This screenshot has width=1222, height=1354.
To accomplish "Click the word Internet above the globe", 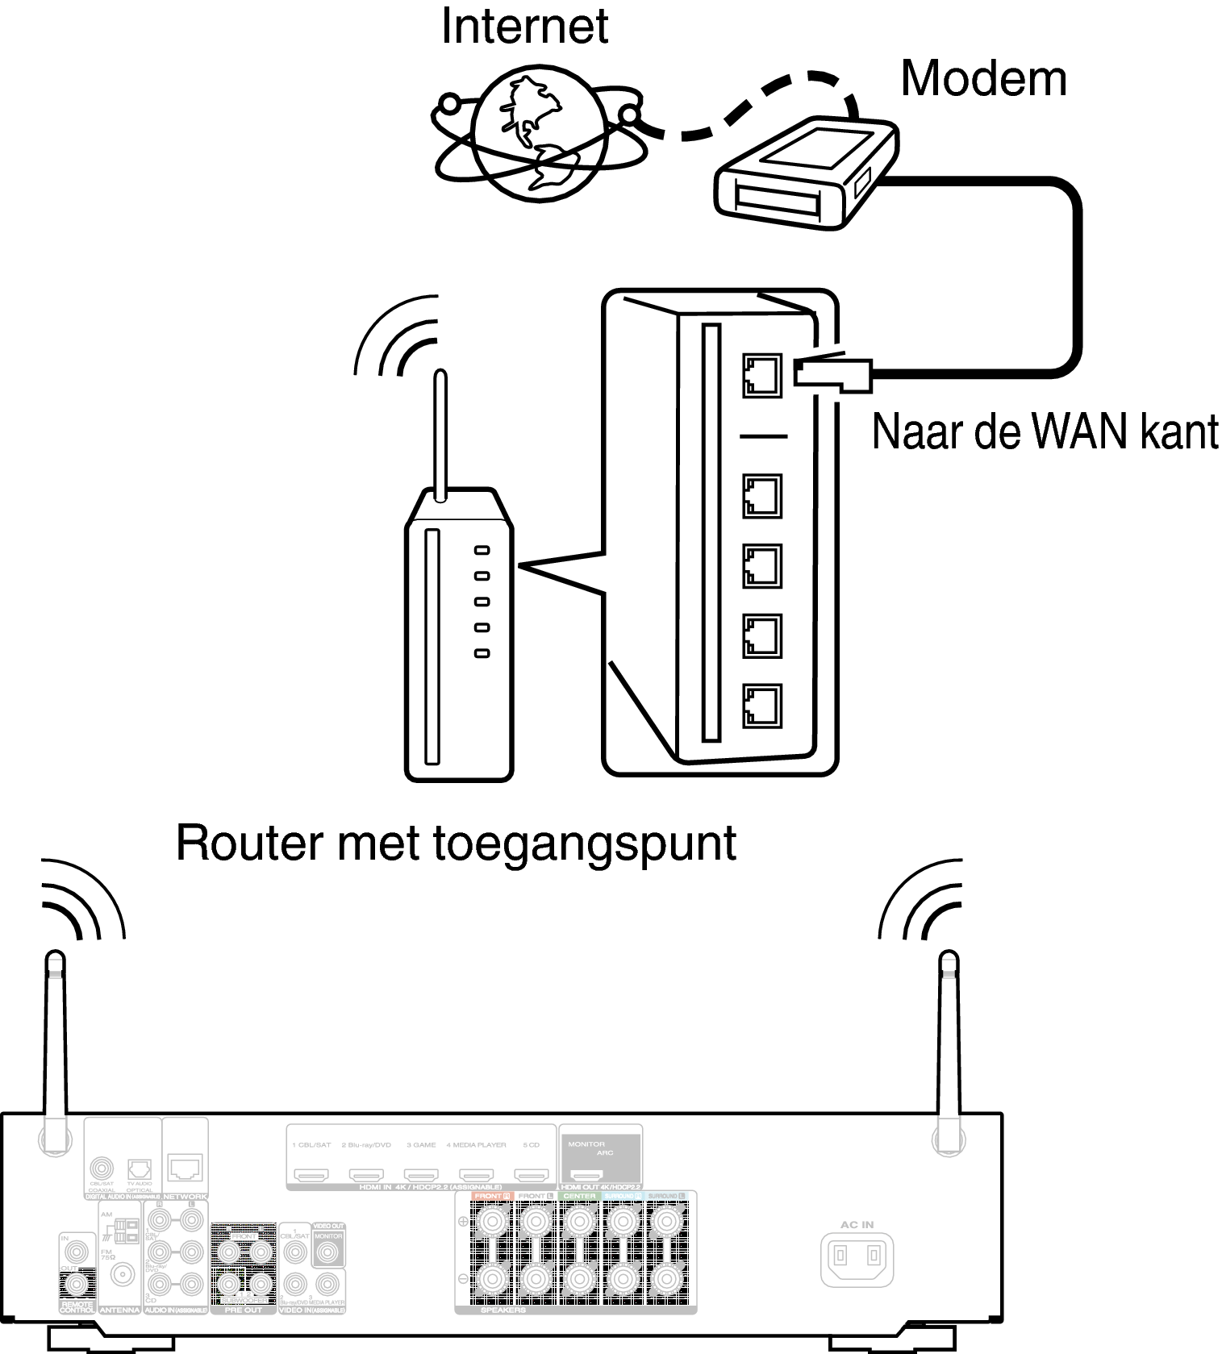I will point(524,27).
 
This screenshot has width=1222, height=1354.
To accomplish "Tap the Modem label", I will point(982,79).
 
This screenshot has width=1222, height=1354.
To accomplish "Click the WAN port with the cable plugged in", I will point(761,375).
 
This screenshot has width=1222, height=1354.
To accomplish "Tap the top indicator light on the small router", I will point(482,550).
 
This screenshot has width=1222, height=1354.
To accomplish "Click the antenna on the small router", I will point(440,435).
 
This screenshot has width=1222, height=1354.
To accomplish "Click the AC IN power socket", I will point(857,1256).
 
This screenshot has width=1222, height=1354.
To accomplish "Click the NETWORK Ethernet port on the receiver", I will point(186,1167).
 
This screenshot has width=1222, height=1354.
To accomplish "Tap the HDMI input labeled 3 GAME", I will point(420,1176).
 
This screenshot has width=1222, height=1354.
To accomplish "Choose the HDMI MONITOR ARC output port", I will point(586,1176).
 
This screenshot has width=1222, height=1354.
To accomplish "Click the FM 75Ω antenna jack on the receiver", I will point(123,1274).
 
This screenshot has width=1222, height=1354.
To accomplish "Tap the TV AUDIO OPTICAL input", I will point(139,1169).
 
